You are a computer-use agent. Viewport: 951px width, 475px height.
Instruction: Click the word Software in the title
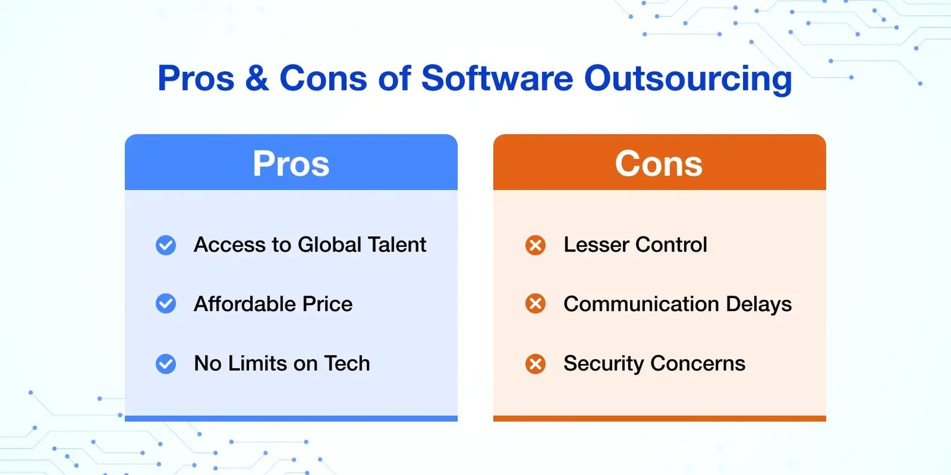click(497, 78)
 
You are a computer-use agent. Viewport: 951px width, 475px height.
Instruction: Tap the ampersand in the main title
click(257, 78)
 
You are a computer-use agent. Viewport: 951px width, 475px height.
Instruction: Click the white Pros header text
click(291, 163)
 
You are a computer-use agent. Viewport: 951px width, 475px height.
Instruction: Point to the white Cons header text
click(659, 163)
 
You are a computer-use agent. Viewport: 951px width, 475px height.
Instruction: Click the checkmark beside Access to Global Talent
click(166, 245)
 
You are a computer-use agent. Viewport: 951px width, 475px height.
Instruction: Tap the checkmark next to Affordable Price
click(166, 303)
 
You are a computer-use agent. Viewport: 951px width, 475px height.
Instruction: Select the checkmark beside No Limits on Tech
click(166, 364)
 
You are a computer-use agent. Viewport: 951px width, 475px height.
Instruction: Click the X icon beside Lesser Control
click(535, 245)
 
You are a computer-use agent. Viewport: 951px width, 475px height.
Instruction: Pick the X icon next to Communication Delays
click(535, 303)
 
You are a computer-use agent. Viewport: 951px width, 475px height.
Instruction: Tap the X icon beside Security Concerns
click(535, 364)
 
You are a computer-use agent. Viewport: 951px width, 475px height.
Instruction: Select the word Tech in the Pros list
click(347, 363)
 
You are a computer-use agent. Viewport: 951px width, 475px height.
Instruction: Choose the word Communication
click(641, 304)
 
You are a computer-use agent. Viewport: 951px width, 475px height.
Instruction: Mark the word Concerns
click(698, 364)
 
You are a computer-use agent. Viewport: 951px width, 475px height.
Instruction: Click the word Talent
click(397, 245)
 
